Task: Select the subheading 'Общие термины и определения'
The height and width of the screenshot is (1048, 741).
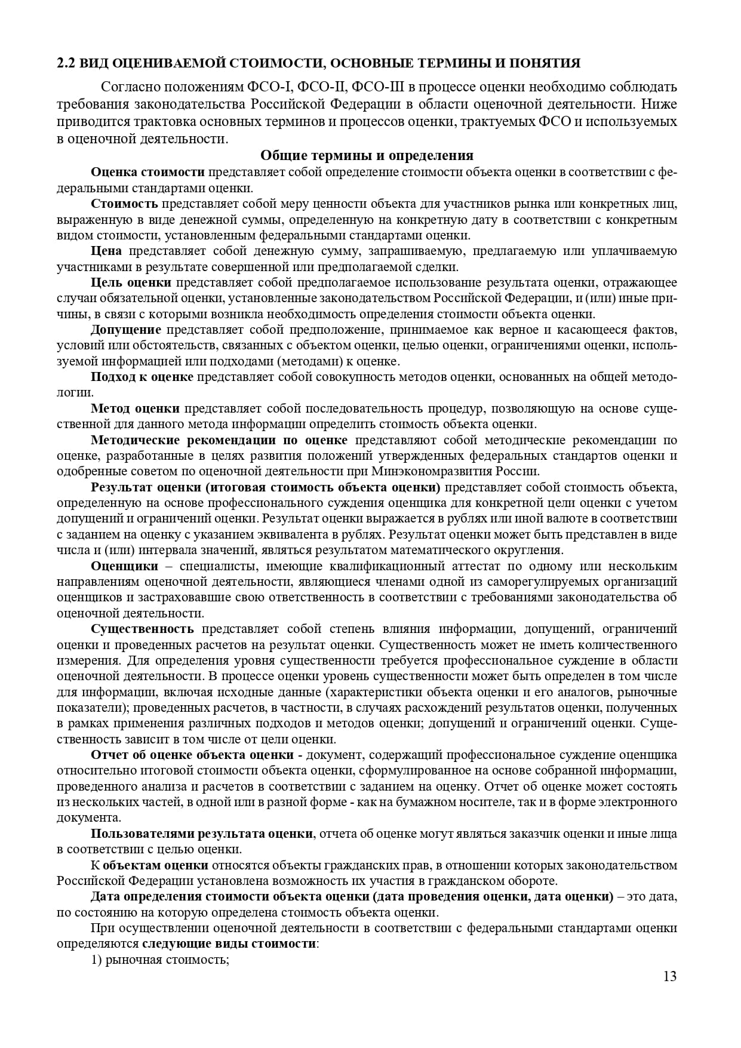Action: click(x=367, y=156)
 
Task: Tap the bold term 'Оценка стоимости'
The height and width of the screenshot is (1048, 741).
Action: click(x=147, y=172)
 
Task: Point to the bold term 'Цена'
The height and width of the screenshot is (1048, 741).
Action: click(x=106, y=251)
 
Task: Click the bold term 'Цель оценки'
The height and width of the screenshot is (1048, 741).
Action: click(x=131, y=282)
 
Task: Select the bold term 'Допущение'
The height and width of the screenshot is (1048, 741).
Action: click(x=126, y=330)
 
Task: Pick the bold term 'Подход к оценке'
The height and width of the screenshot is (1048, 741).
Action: click(x=142, y=377)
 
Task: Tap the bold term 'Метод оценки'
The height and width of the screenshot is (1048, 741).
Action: click(x=135, y=408)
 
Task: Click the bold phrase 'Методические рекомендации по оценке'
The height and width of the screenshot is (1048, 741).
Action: click(x=219, y=440)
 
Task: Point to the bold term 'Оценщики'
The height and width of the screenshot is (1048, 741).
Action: click(x=124, y=566)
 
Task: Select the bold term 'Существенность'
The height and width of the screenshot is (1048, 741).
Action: click(x=142, y=629)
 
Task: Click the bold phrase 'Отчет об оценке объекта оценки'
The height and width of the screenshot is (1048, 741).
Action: click(x=192, y=755)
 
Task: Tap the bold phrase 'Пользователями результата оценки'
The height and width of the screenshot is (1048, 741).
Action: click(x=202, y=834)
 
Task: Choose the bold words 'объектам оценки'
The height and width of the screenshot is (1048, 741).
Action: click(x=155, y=865)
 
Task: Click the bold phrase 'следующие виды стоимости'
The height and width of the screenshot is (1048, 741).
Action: click(x=229, y=944)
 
